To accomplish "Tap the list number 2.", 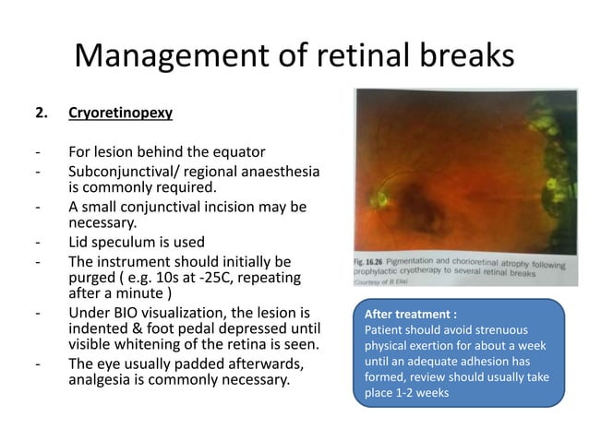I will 40,114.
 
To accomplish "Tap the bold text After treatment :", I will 411,313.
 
